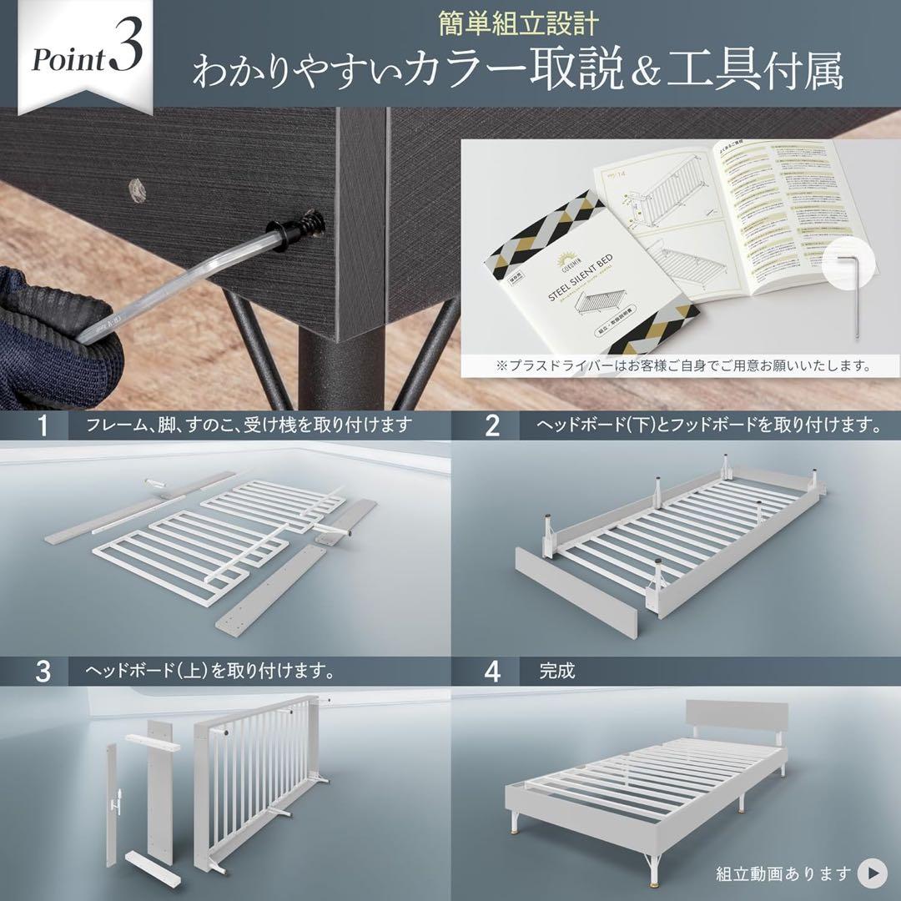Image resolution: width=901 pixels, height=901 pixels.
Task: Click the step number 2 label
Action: coord(492,426)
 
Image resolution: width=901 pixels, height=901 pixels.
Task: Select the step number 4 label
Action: coord(492,671)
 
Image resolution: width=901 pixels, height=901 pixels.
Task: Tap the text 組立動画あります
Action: coord(783,873)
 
